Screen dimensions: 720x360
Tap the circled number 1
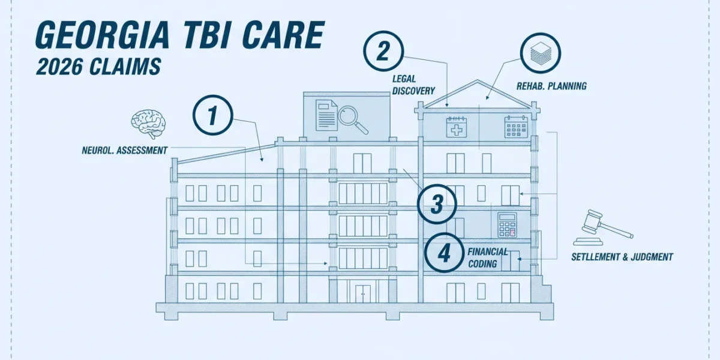[x=212, y=115]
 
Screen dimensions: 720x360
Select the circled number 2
[x=383, y=51]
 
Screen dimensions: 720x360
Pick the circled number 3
[x=437, y=204]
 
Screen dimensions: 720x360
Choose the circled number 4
[x=445, y=253]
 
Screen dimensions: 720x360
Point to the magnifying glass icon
[x=353, y=119]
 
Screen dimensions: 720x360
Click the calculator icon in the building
[x=507, y=224]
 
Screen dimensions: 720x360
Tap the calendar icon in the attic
[x=516, y=127]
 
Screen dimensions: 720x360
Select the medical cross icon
[x=457, y=127]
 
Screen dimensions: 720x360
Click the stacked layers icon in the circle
[x=541, y=53]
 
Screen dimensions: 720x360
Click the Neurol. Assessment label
[x=125, y=151]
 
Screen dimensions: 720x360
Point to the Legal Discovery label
[x=413, y=85]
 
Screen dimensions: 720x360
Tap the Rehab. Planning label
[x=551, y=86]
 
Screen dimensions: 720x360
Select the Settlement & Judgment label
[x=622, y=257]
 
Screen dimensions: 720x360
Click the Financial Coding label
[x=488, y=258]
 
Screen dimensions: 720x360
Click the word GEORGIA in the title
[x=103, y=35]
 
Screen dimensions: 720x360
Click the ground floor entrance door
[x=363, y=294]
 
